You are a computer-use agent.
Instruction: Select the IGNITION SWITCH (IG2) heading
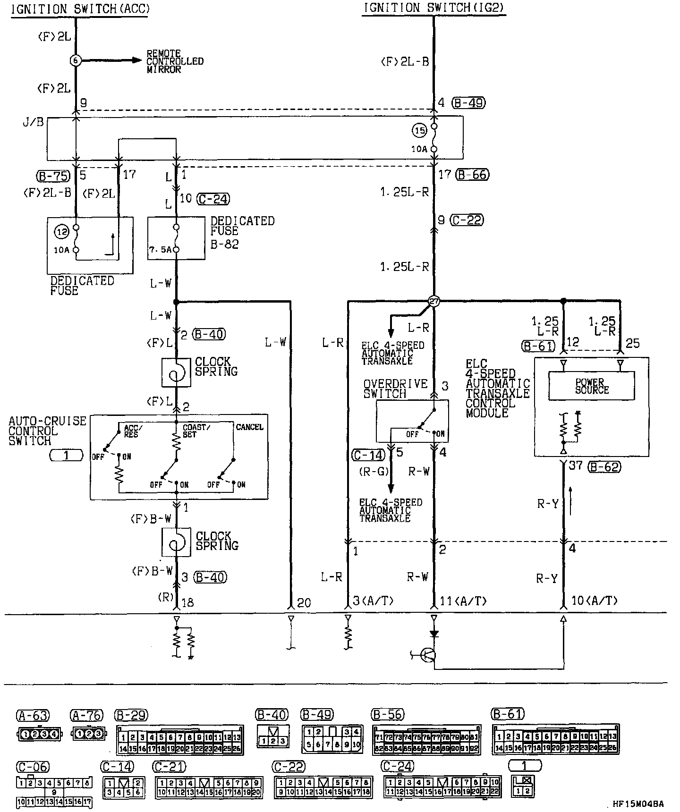434,8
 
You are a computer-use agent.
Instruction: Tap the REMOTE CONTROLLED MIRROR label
174,61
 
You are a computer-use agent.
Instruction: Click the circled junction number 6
75,60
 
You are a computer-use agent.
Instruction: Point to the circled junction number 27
433,301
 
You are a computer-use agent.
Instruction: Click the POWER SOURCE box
591,386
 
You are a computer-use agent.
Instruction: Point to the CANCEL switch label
249,427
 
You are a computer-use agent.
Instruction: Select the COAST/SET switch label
196,430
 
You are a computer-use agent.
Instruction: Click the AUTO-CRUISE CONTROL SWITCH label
47,431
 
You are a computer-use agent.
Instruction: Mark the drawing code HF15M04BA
638,804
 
